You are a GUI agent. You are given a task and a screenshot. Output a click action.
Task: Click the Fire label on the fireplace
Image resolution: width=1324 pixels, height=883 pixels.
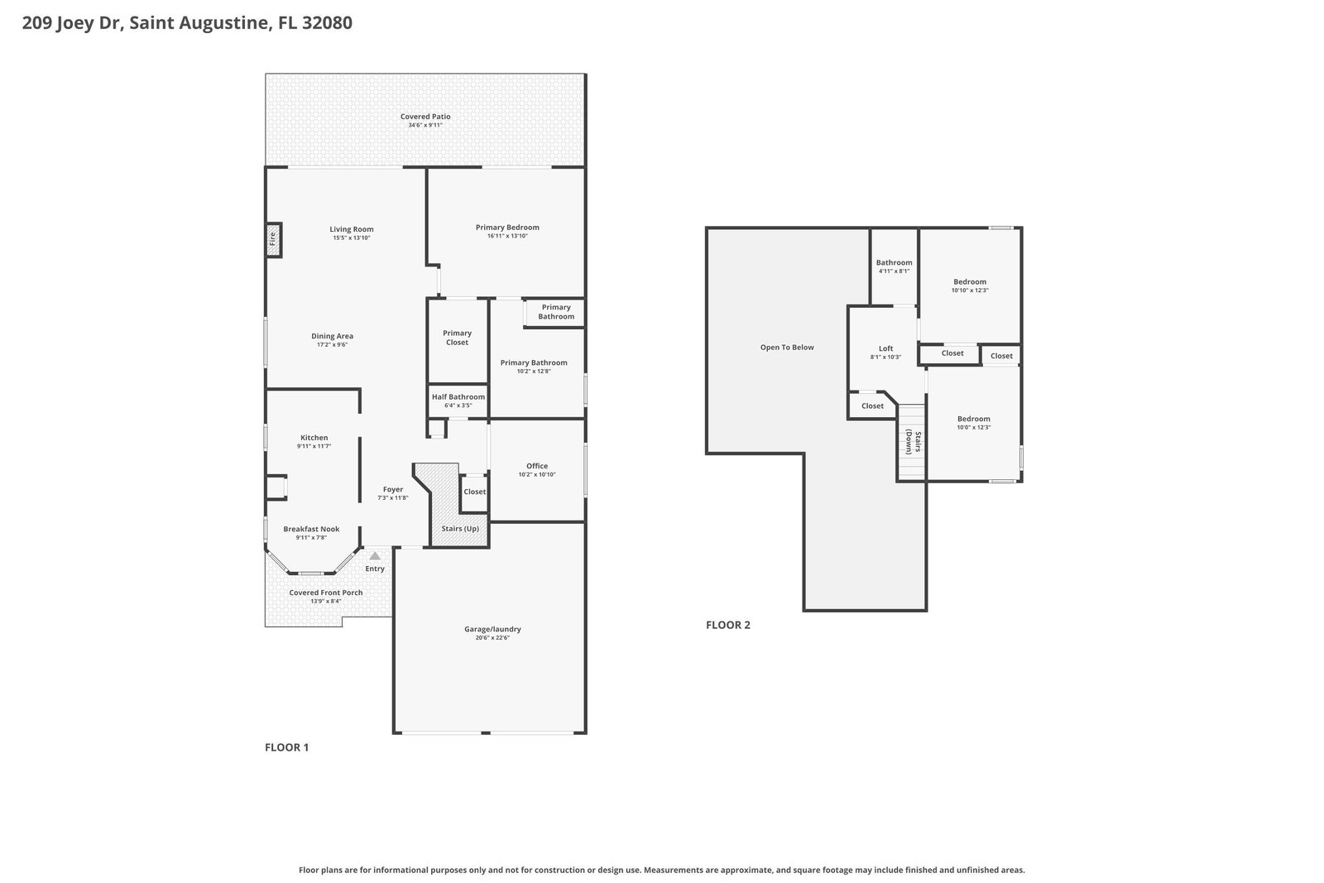click(x=272, y=239)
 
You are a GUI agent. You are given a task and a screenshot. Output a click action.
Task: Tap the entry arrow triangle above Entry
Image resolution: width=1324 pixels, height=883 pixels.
click(x=375, y=556)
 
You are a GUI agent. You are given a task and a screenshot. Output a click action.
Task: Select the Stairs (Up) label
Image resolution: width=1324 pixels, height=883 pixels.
click(x=460, y=528)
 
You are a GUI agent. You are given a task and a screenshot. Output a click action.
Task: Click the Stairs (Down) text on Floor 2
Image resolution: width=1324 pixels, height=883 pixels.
click(x=914, y=442)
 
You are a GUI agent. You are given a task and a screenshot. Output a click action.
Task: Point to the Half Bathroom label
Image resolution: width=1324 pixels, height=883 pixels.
click(x=458, y=397)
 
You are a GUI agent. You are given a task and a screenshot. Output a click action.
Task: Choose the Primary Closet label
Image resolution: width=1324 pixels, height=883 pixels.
click(x=457, y=338)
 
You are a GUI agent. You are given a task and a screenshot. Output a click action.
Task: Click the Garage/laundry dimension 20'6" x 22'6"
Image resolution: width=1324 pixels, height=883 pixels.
click(x=492, y=638)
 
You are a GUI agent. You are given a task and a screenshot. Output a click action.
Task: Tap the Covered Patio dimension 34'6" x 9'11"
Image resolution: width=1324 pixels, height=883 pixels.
click(x=425, y=125)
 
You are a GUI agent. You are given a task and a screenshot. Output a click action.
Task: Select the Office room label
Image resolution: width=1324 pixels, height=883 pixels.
click(x=537, y=466)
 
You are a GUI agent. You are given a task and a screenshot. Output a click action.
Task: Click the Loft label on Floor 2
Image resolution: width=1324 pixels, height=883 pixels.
click(x=885, y=348)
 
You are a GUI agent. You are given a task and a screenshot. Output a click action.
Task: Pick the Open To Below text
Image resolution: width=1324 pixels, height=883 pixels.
click(x=787, y=348)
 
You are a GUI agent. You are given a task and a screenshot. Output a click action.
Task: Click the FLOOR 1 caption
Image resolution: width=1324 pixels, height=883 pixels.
click(x=286, y=747)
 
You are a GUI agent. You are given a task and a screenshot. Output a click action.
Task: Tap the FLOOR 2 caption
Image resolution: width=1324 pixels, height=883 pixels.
click(x=727, y=625)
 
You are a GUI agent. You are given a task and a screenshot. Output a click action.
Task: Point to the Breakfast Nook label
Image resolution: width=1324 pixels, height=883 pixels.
click(x=311, y=529)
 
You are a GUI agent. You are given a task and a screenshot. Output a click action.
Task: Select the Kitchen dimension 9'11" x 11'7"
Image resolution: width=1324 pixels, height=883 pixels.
click(x=314, y=446)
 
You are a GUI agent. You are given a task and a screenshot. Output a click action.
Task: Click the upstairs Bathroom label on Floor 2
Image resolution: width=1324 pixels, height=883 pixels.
click(x=894, y=262)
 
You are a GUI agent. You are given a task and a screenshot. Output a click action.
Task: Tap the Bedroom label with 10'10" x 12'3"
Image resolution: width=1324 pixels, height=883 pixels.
click(x=969, y=282)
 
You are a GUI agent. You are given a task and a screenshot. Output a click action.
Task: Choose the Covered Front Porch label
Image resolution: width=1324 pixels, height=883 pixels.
click(x=326, y=593)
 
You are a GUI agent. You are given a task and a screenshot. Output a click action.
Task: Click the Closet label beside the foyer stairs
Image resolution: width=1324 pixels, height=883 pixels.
click(x=474, y=492)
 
